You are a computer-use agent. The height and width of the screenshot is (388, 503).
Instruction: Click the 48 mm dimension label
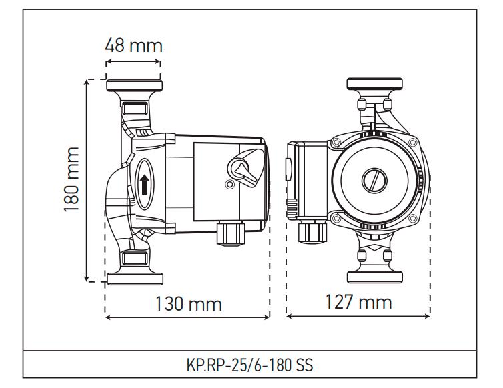tap(133, 45)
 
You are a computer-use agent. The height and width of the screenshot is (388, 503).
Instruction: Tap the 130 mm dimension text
tap(188, 304)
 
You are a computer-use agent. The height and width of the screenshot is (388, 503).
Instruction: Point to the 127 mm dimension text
tap(358, 301)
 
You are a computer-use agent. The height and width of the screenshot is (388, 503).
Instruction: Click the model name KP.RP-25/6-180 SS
tap(251, 366)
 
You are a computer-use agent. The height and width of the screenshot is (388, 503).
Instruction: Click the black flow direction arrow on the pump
tap(144, 181)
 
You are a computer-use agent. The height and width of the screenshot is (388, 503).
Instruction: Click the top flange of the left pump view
tap(133, 85)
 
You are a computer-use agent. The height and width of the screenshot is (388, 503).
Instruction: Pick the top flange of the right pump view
tap(374, 84)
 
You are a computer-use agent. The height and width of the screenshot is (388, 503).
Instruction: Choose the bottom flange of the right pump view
tap(374, 276)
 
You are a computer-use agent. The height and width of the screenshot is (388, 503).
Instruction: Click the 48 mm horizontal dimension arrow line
tap(133, 63)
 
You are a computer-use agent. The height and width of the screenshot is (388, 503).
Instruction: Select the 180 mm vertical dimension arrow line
tap(87, 179)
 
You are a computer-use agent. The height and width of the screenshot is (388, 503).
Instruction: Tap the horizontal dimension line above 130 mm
tap(188, 317)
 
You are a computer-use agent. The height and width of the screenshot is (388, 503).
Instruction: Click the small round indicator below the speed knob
tap(230, 184)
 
